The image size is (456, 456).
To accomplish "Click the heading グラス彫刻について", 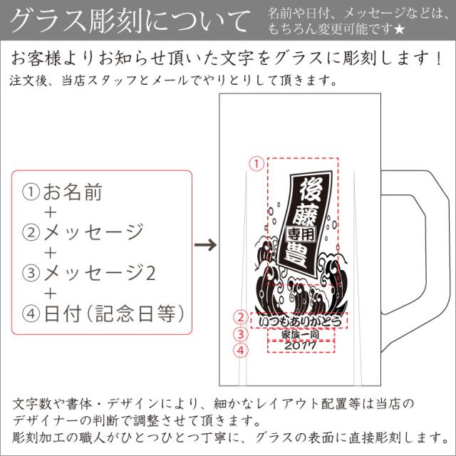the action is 130,21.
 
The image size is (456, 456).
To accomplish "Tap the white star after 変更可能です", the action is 400,29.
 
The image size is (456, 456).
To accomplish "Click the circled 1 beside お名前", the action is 31,192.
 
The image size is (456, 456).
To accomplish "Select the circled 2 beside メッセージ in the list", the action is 31,232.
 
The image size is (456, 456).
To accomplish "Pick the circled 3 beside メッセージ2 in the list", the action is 31,273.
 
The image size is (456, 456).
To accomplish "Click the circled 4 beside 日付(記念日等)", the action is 31,313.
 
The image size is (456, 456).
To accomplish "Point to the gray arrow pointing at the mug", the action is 205,244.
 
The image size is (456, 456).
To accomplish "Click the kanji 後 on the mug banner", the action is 311,190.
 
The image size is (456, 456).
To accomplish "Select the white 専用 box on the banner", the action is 301,234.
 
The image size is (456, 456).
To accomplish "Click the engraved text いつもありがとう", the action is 299,321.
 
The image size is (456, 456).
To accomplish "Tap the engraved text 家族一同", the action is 300,335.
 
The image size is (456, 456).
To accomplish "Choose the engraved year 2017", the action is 300,346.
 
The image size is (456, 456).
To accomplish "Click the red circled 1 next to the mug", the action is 256,164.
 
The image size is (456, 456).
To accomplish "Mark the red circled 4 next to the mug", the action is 241,350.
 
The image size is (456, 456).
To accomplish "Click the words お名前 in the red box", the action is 73,192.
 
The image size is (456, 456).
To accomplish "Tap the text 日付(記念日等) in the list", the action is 114,313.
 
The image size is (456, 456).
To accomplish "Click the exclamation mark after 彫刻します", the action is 439,58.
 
